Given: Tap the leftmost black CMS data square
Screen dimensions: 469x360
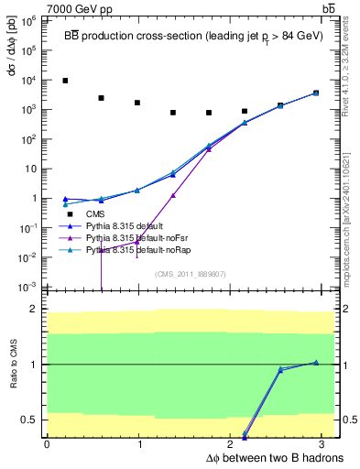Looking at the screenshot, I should (x=65, y=81).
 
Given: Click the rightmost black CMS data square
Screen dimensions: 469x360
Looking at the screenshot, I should (x=316, y=93).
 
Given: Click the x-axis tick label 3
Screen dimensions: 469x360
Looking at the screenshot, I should (x=325, y=444).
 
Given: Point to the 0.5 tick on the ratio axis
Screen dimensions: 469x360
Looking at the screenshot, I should (x=29, y=420).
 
